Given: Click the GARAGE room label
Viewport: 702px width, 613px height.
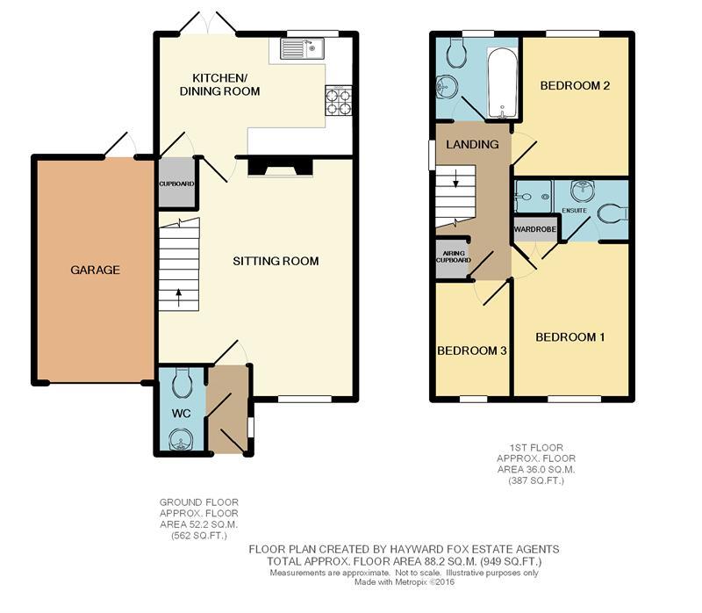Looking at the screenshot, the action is [x=95, y=270].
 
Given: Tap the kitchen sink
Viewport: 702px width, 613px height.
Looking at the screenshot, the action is [x=302, y=49].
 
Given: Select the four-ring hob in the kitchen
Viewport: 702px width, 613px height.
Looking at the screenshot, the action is [x=339, y=100].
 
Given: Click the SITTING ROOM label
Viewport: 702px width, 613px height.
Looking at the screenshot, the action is [x=276, y=261].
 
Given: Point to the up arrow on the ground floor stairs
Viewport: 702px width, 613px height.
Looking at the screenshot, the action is [x=179, y=298].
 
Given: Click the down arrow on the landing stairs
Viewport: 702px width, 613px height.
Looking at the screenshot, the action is [x=455, y=178].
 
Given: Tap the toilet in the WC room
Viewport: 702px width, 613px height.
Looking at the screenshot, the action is [x=183, y=383].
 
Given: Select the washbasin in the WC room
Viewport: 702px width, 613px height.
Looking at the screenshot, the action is [x=182, y=439].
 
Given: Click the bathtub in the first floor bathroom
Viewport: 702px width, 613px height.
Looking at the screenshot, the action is [x=502, y=83].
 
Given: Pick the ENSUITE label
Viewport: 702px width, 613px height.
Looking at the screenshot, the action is [x=574, y=210].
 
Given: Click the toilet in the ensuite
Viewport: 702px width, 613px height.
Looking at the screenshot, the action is [x=612, y=213].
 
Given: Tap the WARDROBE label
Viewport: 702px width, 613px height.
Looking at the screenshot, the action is [x=535, y=229].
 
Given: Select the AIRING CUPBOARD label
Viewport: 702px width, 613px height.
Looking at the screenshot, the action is [x=454, y=256].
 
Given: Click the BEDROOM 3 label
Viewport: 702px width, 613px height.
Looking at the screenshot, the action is [x=472, y=350].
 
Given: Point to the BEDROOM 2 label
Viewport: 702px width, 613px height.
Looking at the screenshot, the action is [x=575, y=85].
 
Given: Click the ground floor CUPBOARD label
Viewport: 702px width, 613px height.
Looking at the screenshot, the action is [x=177, y=184].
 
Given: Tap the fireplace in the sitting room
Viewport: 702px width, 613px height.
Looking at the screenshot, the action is [x=280, y=167].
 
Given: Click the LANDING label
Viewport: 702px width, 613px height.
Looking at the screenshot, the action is [x=472, y=144].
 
